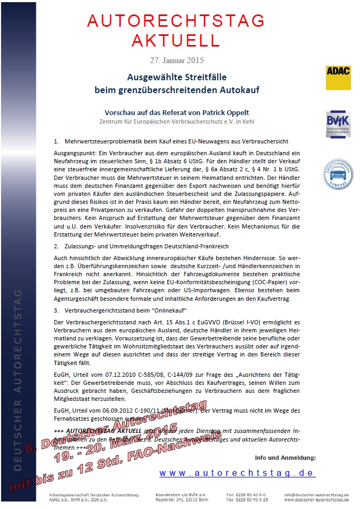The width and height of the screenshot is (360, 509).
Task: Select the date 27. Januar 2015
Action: point(177,60)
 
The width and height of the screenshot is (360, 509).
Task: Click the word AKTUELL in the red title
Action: point(176,40)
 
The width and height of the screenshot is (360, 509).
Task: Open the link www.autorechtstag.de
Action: point(238,473)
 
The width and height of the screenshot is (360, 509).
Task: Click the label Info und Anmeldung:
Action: point(286,458)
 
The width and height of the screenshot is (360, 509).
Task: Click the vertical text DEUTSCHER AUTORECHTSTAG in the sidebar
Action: point(19,380)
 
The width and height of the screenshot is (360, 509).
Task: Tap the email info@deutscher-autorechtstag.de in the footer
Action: point(317,495)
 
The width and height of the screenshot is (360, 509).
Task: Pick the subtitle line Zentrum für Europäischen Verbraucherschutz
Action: point(177,121)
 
